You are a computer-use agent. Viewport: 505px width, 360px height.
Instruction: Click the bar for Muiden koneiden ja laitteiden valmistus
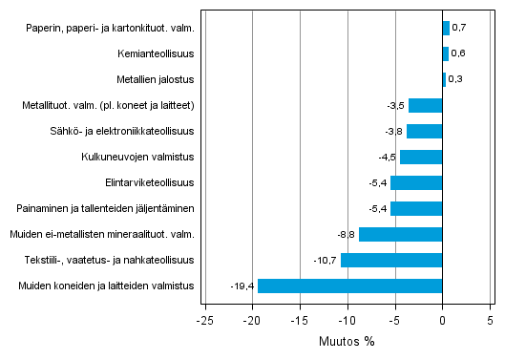(349, 286)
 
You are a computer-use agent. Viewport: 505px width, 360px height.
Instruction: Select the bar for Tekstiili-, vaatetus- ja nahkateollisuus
(391, 260)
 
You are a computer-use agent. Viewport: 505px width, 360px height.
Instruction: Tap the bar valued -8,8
(400, 234)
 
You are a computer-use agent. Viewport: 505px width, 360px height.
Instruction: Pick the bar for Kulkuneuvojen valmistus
(421, 157)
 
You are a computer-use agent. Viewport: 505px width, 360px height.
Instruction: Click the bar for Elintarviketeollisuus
(416, 182)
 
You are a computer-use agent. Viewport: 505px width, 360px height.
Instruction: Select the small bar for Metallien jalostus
(444, 79)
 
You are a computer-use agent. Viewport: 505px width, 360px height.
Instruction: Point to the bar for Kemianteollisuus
(445, 53)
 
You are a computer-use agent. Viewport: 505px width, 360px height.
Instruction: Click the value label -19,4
(242, 286)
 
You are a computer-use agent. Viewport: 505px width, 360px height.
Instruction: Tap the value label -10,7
(326, 261)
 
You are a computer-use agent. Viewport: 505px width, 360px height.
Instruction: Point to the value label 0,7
(459, 29)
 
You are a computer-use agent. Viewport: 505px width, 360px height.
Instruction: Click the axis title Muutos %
(347, 342)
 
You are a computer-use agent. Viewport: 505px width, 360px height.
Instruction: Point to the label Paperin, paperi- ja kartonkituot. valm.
(111, 28)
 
